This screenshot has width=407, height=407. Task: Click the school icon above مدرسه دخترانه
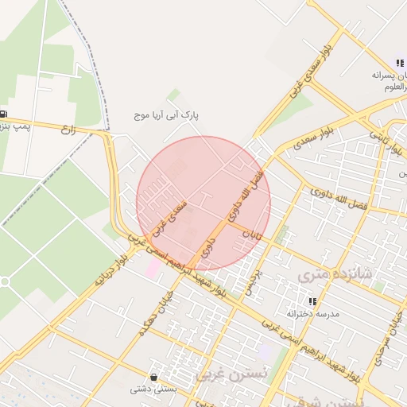coord(312,301)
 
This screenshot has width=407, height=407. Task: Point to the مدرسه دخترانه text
coord(317,314)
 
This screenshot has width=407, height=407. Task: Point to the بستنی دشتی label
coord(152,390)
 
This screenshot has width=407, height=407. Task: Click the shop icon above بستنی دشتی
coord(153,377)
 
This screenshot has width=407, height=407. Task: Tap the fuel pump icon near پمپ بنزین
coord(5,114)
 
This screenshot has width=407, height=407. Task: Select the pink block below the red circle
coord(151,268)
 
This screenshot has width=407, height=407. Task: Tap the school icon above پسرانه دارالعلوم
coord(399,63)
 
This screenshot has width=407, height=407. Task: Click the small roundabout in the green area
coord(3,281)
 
